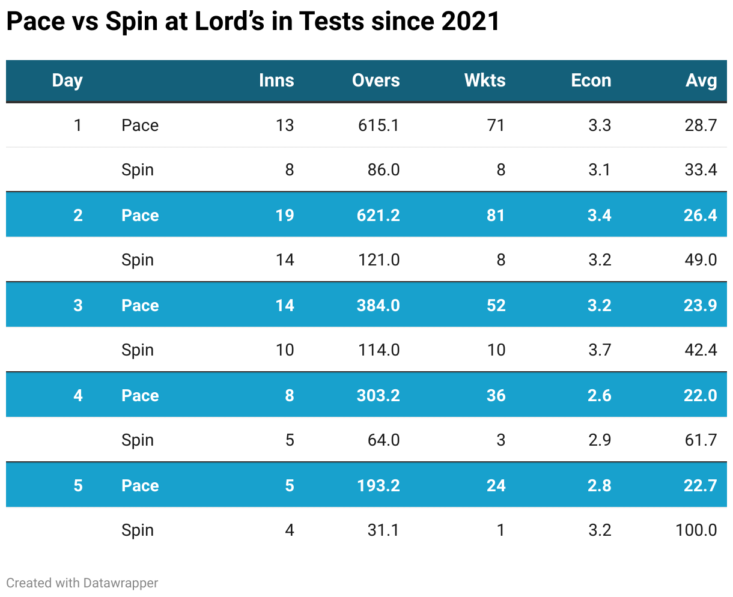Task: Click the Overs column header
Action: point(376,80)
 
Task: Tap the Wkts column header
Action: point(485,80)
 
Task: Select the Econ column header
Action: point(591,80)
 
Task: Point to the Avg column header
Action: point(701,80)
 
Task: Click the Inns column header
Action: point(276,80)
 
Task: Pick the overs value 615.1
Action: point(379,125)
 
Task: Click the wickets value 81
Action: point(496,215)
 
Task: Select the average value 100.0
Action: point(696,530)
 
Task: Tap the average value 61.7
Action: point(701,440)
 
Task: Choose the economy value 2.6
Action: point(599,395)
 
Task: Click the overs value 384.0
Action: point(379,305)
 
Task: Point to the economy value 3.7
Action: point(599,350)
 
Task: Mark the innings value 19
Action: point(285,215)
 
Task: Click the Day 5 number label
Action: point(78,485)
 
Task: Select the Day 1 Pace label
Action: point(140,125)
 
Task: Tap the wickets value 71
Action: point(496,125)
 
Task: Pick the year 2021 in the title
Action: point(470,22)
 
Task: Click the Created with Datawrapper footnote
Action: point(82,583)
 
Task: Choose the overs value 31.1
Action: point(383,530)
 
